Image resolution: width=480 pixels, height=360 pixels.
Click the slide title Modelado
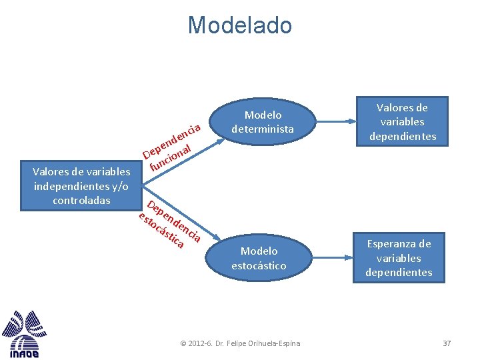point(239,25)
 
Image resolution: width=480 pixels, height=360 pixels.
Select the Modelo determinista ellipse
point(263,122)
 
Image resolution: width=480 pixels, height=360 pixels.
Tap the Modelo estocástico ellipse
point(259,258)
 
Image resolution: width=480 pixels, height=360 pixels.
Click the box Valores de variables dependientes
point(402,121)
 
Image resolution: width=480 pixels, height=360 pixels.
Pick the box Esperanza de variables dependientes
point(399,257)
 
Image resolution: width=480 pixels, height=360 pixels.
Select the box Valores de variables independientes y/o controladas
point(81,186)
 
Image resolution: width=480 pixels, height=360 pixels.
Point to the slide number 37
point(447,343)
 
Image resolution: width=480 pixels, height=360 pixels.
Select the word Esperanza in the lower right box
point(399,243)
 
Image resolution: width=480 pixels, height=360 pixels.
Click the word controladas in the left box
point(81,200)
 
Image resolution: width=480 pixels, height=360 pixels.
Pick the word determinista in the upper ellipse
point(263,129)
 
